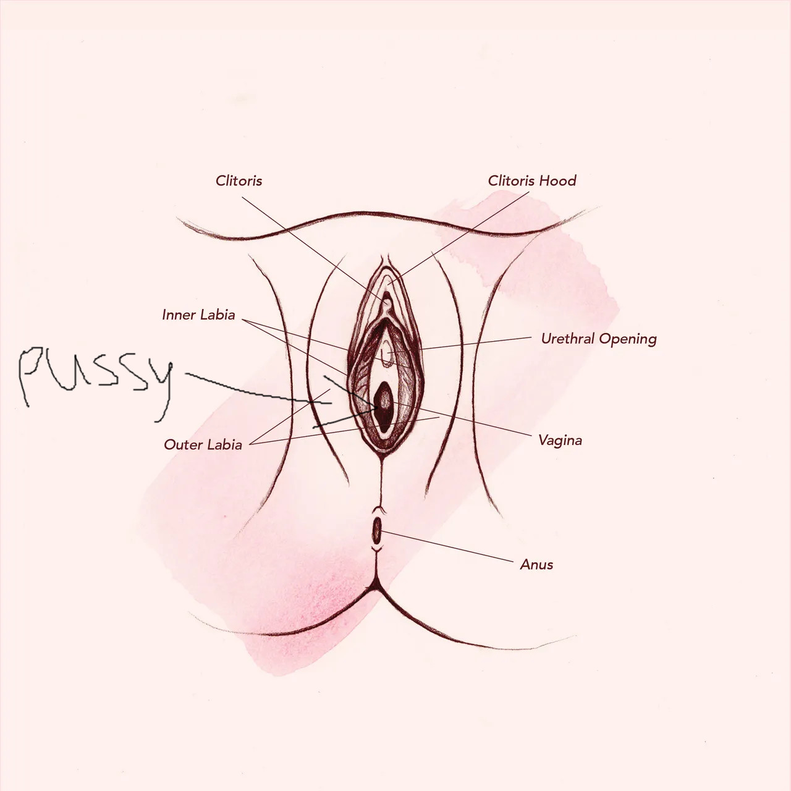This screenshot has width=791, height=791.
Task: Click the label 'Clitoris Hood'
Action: coord(532,180)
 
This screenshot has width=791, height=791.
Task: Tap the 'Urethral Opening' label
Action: coord(599,339)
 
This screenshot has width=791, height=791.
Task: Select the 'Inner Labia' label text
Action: coord(198,315)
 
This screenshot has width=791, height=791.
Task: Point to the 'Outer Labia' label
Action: coord(203,444)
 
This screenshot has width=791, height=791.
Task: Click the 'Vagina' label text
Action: coord(560,441)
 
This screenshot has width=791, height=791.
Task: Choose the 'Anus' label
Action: coord(536,564)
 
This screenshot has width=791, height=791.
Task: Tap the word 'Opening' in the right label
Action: coord(628,340)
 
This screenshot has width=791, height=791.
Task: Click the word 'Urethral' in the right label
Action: coord(568,339)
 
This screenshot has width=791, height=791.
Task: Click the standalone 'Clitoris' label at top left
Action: coord(239,180)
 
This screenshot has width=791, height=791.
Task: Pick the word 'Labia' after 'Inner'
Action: coord(217,315)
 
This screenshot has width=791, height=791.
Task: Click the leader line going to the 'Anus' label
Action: coord(447,546)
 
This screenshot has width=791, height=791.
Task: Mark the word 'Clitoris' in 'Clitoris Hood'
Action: coord(512,180)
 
